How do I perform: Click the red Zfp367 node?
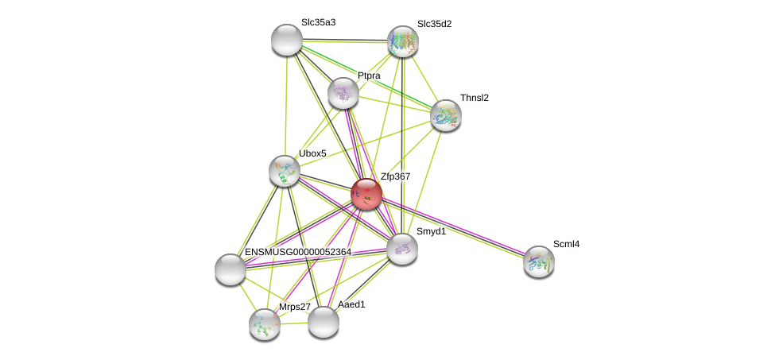(366, 193)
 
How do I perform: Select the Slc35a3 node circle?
(287, 40)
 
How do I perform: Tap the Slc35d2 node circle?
(403, 41)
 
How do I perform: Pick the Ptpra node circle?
(343, 93)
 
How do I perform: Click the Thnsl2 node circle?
(446, 115)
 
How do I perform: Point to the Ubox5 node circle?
(284, 171)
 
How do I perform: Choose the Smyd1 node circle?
(402, 249)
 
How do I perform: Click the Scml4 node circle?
(539, 261)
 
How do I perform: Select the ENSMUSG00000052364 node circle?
(231, 269)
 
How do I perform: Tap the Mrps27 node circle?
(265, 324)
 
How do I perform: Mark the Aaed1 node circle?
(324, 322)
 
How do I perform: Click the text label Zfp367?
(395, 176)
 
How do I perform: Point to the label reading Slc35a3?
(318, 22)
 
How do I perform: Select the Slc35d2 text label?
(434, 24)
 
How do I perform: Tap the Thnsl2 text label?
(475, 98)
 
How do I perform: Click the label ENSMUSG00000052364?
(297, 252)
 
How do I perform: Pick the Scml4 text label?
(566, 244)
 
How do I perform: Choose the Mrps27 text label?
(294, 307)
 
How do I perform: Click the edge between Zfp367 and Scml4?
(453, 227)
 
